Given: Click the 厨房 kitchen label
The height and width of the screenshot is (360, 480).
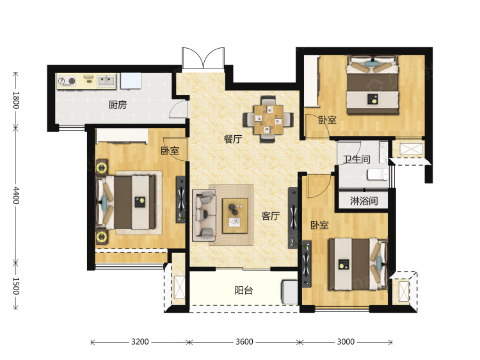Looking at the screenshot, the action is (118, 105).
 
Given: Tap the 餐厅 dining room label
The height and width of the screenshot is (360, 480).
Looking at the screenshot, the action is (233, 139).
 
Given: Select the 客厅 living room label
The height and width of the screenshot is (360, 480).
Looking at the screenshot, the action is (271, 216).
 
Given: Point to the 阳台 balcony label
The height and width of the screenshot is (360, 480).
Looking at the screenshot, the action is (244, 290).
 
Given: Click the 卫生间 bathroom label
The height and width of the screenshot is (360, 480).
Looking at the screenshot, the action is (356, 160).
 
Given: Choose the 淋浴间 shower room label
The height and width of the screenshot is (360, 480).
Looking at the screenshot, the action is (364, 201).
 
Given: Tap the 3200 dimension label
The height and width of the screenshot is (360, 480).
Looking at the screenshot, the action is (140, 341).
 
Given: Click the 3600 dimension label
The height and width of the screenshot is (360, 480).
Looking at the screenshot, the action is (244, 341).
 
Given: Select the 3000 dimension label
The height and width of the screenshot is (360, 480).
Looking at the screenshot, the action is (346, 341).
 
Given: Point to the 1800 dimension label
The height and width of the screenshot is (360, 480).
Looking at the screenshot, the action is (16, 100).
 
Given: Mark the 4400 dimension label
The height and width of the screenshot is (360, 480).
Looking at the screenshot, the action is (16, 195).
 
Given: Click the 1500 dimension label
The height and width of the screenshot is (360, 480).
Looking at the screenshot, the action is (16, 286).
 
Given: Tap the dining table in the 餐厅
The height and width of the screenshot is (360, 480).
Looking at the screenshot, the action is (268, 120).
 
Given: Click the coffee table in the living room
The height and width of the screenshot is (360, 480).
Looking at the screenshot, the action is (235, 216).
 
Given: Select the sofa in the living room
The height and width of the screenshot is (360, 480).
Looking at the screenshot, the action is (204, 215).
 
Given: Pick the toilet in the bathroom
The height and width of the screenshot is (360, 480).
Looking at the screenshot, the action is (378, 175).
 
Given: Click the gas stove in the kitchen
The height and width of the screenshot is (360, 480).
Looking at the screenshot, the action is (67, 81).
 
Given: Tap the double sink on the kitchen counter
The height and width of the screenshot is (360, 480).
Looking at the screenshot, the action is (106, 81).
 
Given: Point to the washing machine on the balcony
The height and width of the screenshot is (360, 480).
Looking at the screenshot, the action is (289, 291).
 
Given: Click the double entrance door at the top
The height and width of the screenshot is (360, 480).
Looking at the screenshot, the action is (204, 58).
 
